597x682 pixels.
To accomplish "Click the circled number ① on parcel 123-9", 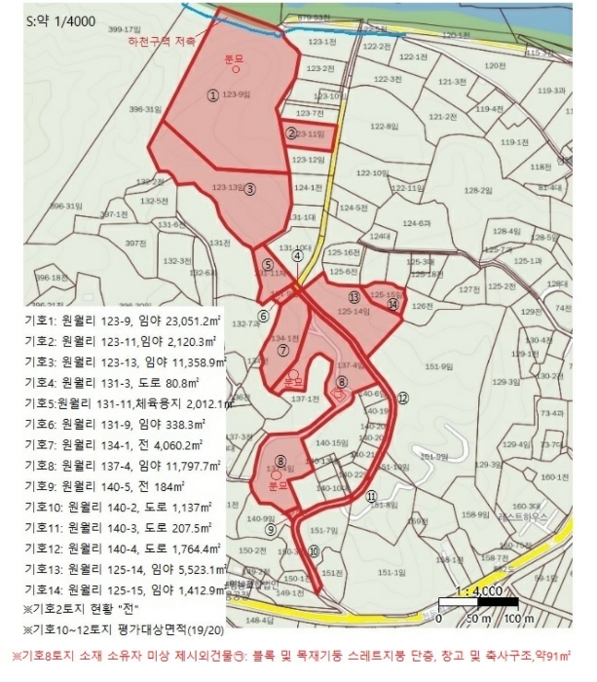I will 212,95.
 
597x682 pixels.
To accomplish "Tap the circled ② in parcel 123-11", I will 290,133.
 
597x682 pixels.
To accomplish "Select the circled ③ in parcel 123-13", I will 250,190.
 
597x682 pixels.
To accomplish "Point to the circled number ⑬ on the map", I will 354,296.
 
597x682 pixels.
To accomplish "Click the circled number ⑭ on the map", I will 392,305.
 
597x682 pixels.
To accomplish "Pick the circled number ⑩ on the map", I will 313,551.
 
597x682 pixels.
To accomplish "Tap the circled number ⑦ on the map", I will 282,349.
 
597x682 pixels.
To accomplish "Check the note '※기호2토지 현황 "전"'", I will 86,608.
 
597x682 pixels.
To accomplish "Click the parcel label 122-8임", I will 385,127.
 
